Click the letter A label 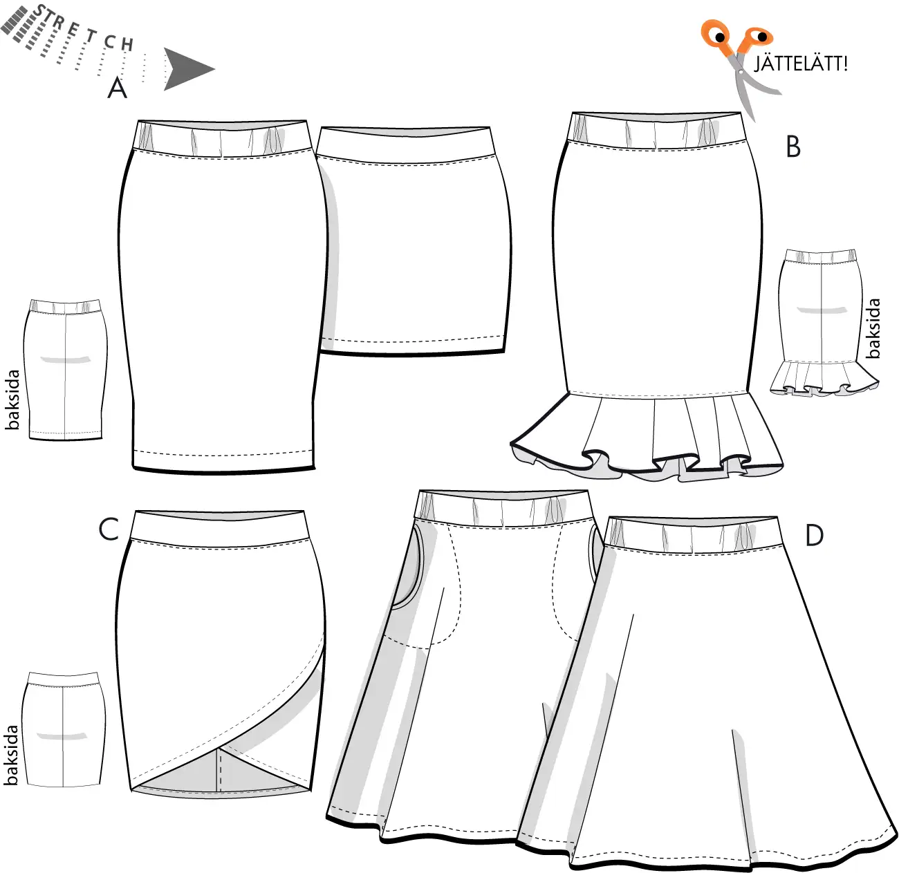118,88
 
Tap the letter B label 793,147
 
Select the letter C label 109,529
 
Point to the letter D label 815,536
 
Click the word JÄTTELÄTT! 801,64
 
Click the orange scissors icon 740,65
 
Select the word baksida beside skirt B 873,328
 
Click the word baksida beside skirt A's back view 12,400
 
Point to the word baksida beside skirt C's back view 11,755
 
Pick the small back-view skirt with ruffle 824,323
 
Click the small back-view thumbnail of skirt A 65,370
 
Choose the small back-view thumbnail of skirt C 64,730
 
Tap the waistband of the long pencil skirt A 222,139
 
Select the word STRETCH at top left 83,28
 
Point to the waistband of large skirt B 657,131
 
